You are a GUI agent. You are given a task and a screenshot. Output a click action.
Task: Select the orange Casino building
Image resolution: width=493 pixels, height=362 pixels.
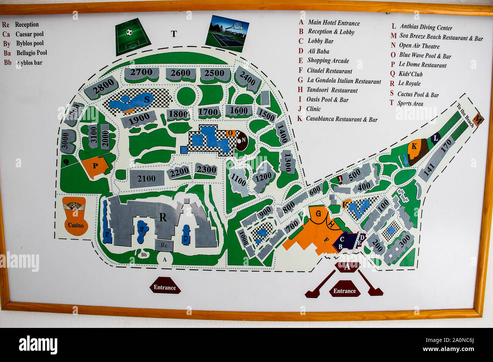[x=75, y=217]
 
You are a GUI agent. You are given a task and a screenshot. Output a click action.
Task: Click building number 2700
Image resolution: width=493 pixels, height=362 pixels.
[x=141, y=73]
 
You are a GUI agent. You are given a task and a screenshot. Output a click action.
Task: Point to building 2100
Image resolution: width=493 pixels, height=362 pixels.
[x=146, y=179]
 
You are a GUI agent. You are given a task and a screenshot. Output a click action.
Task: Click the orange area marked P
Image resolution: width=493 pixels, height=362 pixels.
[x=95, y=166]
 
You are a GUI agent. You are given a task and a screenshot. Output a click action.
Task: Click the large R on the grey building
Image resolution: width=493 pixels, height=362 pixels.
[x=163, y=217]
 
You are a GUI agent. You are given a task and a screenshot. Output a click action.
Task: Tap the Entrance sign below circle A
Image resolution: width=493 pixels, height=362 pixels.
[x=165, y=287]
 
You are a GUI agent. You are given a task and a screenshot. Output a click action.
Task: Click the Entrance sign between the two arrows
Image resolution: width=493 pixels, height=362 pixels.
[x=344, y=291]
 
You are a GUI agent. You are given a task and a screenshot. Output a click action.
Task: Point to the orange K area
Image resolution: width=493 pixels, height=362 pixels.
[x=414, y=147]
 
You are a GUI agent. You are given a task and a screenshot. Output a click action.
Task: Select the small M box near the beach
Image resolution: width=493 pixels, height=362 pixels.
[x=479, y=119]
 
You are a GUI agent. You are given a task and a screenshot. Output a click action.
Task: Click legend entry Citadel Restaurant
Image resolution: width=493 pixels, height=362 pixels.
[x=329, y=71]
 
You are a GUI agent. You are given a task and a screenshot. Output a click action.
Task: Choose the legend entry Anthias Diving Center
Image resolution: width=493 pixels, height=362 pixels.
[x=425, y=27]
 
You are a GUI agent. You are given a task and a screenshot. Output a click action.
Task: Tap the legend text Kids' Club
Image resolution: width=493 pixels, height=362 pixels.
[x=410, y=74]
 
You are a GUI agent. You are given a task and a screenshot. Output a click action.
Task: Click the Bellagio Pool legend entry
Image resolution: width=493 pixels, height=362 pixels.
[x=31, y=53]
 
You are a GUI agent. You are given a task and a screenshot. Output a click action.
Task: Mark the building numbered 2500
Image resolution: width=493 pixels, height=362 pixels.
[x=215, y=73]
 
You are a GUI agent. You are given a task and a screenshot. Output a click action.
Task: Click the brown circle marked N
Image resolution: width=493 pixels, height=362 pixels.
[x=242, y=140]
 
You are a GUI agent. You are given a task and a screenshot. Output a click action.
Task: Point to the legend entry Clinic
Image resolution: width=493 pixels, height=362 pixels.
[x=313, y=109]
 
